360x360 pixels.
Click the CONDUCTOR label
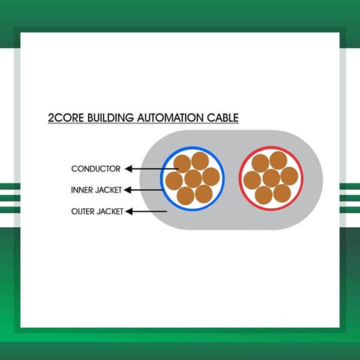(95, 169)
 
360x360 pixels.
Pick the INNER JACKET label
(96, 190)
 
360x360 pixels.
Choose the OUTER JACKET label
(97, 211)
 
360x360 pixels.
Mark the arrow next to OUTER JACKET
(146, 211)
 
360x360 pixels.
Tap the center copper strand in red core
(271, 178)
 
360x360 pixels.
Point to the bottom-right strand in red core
(281, 193)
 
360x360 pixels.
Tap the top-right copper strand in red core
(278, 160)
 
